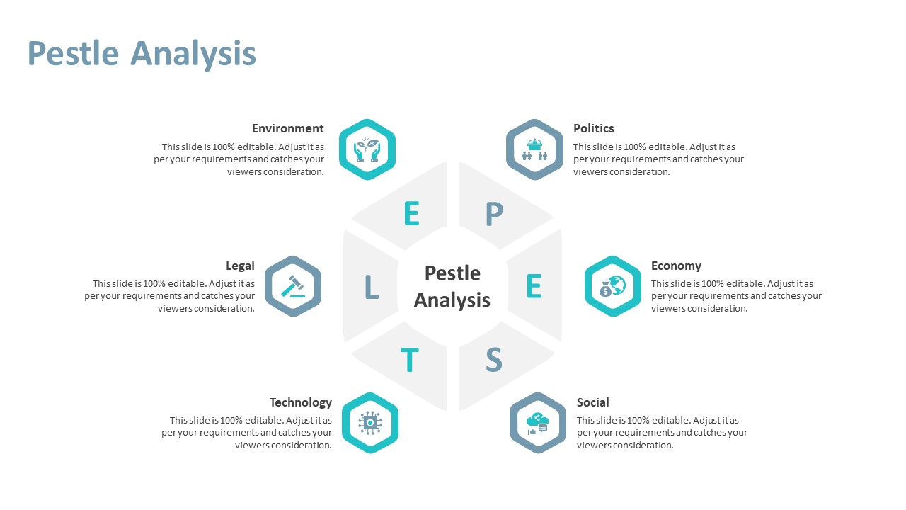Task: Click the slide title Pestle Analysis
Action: click(x=142, y=53)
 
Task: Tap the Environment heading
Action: click(x=287, y=128)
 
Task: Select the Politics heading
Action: click(x=593, y=128)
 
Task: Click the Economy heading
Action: click(x=676, y=266)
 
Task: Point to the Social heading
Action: click(x=592, y=402)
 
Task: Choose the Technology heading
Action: click(x=301, y=403)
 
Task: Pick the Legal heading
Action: click(x=240, y=266)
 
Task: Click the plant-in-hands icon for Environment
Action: click(x=367, y=149)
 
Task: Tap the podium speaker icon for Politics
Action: click(x=534, y=149)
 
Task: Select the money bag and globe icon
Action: click(x=612, y=286)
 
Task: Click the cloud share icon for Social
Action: click(x=537, y=424)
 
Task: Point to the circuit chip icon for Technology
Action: click(x=369, y=423)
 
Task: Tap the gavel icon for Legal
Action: click(x=293, y=286)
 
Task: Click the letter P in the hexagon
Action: click(x=494, y=213)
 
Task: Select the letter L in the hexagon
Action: click(x=372, y=287)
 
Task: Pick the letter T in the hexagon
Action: click(x=409, y=359)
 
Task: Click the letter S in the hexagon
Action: click(x=494, y=359)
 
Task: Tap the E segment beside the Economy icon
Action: click(x=534, y=285)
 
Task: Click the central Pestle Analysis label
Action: click(x=452, y=287)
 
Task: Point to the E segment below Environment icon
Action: click(x=411, y=213)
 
